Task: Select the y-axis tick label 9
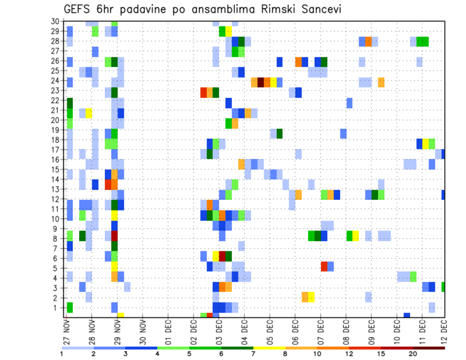[57, 228]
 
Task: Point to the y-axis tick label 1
[57, 308]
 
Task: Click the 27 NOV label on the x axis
[67, 331]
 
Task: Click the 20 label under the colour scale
[414, 354]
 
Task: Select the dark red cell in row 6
[222, 256]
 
